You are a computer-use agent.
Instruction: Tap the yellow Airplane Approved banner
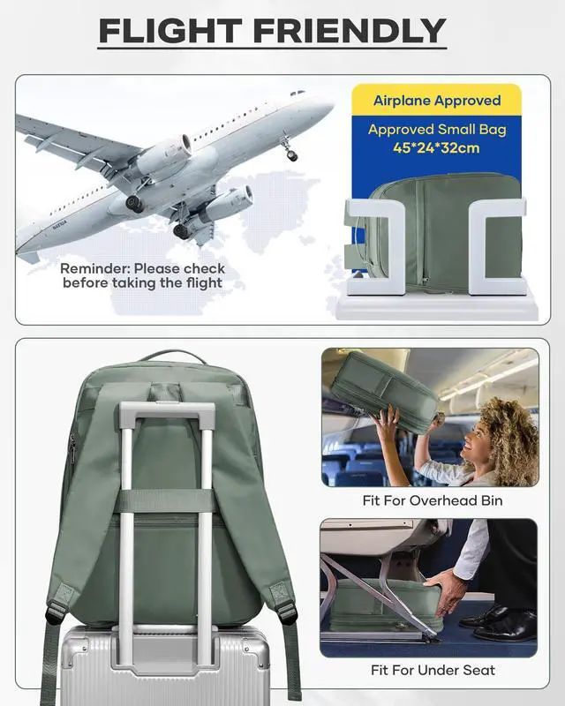tap(436, 100)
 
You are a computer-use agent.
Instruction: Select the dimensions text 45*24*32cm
tap(436, 147)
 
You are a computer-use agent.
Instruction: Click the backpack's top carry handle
tap(172, 357)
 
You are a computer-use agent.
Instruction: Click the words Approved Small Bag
tap(436, 130)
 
